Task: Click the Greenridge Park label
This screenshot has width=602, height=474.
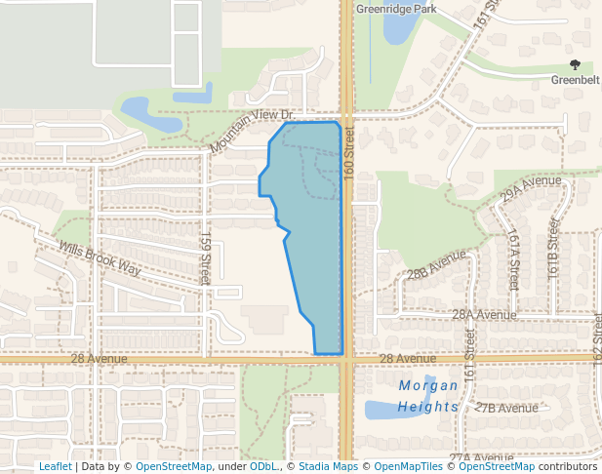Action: (x=395, y=9)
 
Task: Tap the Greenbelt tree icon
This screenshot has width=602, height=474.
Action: (x=575, y=64)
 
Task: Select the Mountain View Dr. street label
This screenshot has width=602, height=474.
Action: (x=251, y=130)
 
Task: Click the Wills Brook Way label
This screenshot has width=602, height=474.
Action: (x=100, y=258)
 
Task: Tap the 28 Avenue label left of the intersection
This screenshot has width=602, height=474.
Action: (x=99, y=359)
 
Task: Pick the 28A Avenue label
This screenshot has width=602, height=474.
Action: (x=483, y=315)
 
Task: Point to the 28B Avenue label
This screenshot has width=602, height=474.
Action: (x=437, y=263)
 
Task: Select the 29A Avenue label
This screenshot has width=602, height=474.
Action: (x=531, y=188)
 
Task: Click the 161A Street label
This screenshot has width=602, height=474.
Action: (x=513, y=259)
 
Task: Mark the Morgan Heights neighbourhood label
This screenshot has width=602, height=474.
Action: (x=428, y=395)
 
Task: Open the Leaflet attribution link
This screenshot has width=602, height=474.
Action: (x=55, y=466)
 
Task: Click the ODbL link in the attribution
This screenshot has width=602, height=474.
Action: (x=262, y=466)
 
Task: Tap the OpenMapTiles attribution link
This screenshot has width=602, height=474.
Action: (x=408, y=466)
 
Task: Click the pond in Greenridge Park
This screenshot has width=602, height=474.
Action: (x=398, y=28)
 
